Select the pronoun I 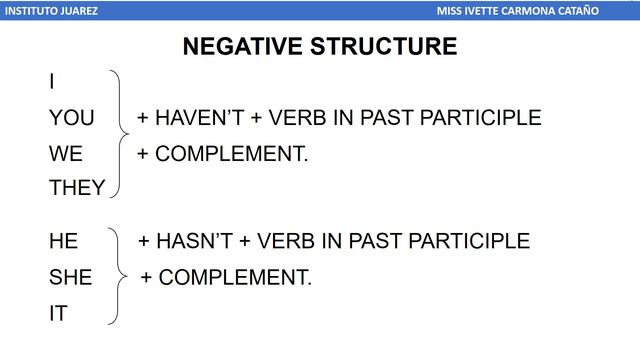(52, 82)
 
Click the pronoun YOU (72, 118)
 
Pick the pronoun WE (66, 154)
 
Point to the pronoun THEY (77, 188)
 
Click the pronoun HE (63, 241)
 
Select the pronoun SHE (70, 277)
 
